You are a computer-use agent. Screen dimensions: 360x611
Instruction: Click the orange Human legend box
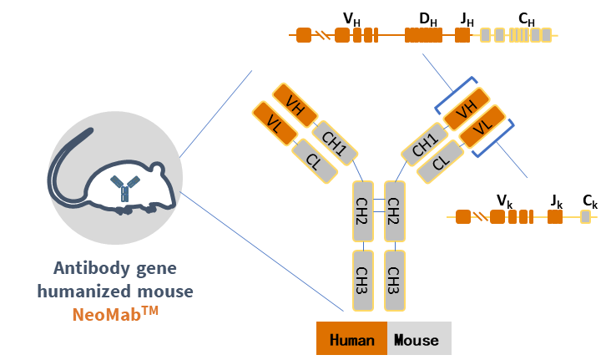click(x=351, y=339)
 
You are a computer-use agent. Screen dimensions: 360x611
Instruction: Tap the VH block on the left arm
click(x=295, y=104)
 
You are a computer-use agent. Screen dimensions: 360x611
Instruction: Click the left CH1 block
click(x=335, y=143)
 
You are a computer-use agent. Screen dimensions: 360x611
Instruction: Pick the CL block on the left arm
click(x=315, y=161)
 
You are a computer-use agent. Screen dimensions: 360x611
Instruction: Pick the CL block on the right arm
click(x=442, y=161)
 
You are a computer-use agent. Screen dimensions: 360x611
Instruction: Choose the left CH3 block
click(x=363, y=280)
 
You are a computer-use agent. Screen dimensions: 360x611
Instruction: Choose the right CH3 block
click(x=394, y=280)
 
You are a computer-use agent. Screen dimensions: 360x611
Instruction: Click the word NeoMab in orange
click(x=109, y=314)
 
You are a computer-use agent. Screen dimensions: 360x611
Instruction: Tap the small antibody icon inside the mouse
click(x=125, y=190)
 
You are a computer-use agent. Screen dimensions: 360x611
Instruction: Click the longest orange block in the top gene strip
click(x=423, y=35)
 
